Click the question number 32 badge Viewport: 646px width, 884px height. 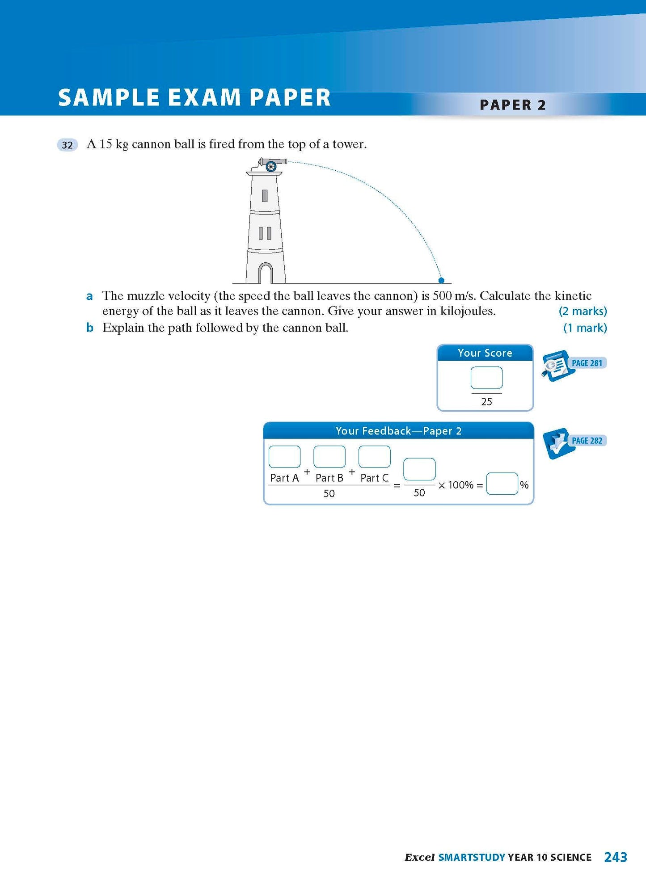click(67, 145)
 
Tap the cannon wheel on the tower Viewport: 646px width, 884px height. click(270, 167)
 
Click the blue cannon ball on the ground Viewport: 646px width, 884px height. click(441, 280)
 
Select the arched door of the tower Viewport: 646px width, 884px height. click(266, 273)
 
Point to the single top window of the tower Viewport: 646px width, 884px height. click(265, 196)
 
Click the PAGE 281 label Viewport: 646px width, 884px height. click(587, 363)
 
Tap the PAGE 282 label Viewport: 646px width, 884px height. click(587, 441)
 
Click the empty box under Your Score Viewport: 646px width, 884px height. click(486, 378)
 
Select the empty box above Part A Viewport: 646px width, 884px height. click(284, 457)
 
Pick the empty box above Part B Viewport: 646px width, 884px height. click(329, 457)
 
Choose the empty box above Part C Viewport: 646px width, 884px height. click(375, 457)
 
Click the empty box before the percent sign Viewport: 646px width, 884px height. click(502, 484)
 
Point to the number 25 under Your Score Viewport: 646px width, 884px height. click(486, 402)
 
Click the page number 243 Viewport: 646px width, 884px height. click(616, 857)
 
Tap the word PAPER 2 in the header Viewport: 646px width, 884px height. click(513, 105)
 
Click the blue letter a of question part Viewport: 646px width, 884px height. click(90, 296)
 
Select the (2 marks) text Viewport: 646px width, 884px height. click(583, 311)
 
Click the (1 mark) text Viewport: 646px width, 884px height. click(585, 328)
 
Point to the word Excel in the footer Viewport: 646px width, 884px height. click(419, 858)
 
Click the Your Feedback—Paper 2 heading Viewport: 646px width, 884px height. click(398, 431)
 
